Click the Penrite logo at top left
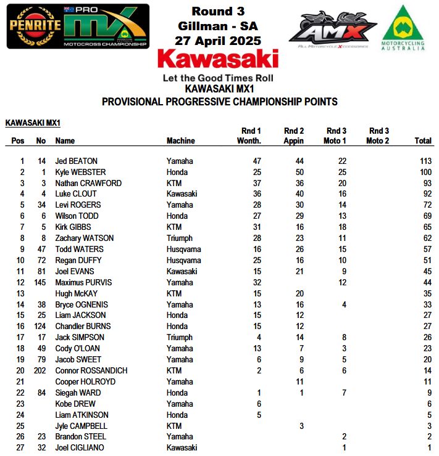pos(35,26)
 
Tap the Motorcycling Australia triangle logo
pos(403,27)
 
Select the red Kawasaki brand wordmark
pos(218,60)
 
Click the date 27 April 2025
pos(218,41)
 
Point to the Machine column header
pos(180,141)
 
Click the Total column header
pos(423,141)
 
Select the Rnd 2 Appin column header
pos(293,136)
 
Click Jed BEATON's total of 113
pos(424,161)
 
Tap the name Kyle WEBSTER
pos(80,172)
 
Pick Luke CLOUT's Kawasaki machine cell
pos(182,194)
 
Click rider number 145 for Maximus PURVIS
pos(40,282)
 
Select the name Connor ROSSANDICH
pos(91,371)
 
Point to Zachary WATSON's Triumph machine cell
pos(180,238)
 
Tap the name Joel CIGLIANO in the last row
pos(80,448)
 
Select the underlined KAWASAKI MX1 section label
pos(33,123)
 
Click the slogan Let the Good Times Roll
pos(218,78)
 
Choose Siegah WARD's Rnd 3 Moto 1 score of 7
pos(344,393)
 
